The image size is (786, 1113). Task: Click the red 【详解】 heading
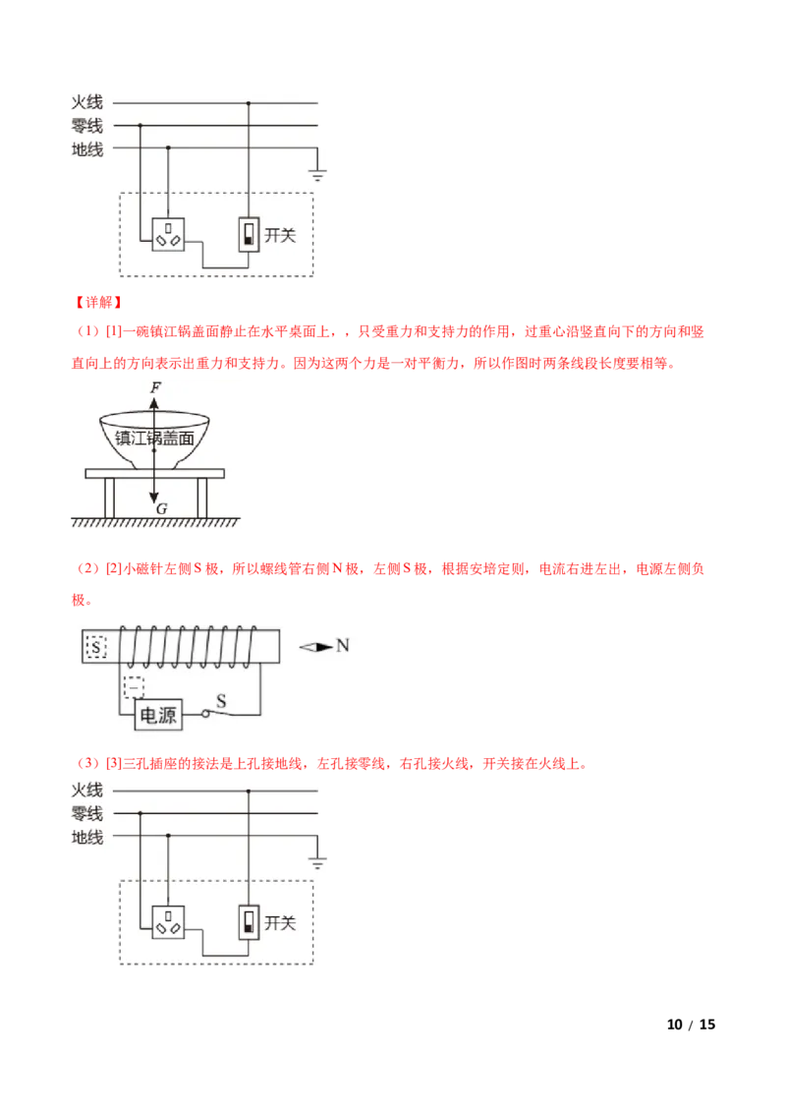pyautogui.click(x=98, y=303)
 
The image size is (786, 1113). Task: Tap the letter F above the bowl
pyautogui.click(x=155, y=387)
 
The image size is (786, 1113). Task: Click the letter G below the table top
pyautogui.click(x=162, y=509)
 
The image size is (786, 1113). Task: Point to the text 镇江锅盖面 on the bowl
pyautogui.click(x=154, y=439)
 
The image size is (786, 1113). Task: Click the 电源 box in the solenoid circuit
pyautogui.click(x=158, y=715)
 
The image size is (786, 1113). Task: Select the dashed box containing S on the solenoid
pyautogui.click(x=95, y=647)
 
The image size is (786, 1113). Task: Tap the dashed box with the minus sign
pyautogui.click(x=134, y=686)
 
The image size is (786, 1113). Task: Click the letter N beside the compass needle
pyautogui.click(x=343, y=645)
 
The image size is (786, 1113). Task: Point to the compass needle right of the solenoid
pyautogui.click(x=315, y=647)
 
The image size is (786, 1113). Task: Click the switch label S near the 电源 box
pyautogui.click(x=221, y=701)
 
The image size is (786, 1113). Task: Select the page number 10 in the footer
pyautogui.click(x=675, y=1025)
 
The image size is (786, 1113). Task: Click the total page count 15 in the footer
pyautogui.click(x=707, y=1025)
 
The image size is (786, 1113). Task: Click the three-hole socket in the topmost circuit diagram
pyautogui.click(x=168, y=234)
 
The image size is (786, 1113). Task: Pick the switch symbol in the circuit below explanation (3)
pyautogui.click(x=249, y=922)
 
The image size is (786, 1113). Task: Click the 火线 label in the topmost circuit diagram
pyautogui.click(x=87, y=103)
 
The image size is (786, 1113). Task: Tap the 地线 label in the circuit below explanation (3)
pyautogui.click(x=87, y=838)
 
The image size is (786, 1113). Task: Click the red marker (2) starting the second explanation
pyautogui.click(x=88, y=568)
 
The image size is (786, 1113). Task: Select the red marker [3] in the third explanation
pyautogui.click(x=114, y=764)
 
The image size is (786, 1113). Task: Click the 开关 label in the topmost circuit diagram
pyautogui.click(x=280, y=235)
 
